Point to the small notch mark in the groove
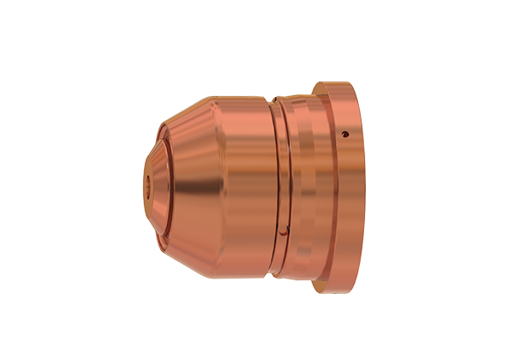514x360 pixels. (x=283, y=227)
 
